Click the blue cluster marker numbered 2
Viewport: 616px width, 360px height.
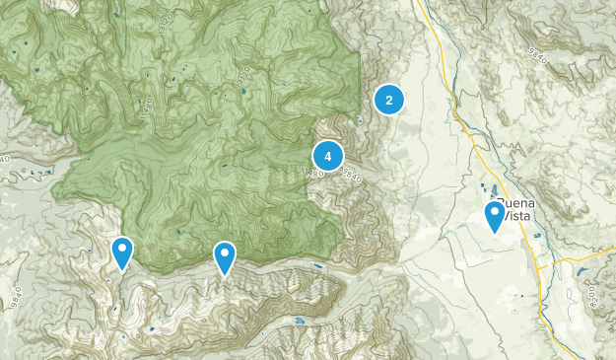[389, 100]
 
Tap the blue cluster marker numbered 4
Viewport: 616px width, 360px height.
[327, 156]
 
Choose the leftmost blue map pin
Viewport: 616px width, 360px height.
[122, 252]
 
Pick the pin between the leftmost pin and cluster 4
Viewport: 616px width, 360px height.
[225, 257]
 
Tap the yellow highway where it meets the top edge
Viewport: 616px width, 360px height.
[417, 3]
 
